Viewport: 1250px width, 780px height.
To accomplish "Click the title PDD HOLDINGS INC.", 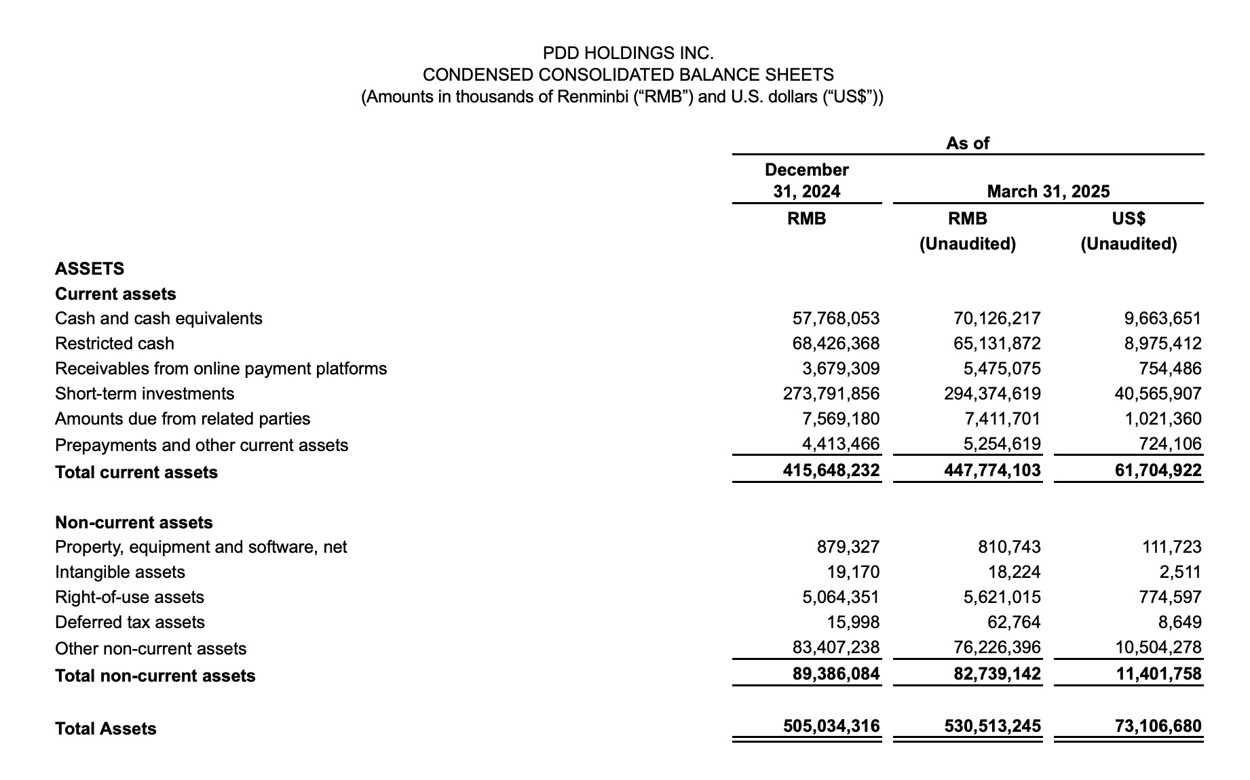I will click(628, 52).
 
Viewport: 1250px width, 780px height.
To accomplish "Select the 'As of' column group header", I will click(967, 143).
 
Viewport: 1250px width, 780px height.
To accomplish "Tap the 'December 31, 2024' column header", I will click(806, 180).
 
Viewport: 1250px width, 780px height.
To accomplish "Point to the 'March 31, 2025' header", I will click(1048, 191).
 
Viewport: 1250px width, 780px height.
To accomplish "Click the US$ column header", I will click(1129, 218).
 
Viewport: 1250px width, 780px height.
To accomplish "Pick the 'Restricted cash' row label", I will click(114, 343).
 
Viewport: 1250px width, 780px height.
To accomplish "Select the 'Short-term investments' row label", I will click(144, 393).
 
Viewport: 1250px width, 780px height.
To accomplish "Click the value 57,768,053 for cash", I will click(835, 318).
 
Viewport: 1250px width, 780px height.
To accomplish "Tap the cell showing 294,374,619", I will click(992, 393).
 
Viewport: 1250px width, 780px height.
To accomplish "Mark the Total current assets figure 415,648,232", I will click(831, 470).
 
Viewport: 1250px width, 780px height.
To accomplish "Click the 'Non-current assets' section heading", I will click(134, 522).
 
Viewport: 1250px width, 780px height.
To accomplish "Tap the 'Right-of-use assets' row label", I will click(129, 597).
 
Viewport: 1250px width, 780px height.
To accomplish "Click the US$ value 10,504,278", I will click(1158, 647).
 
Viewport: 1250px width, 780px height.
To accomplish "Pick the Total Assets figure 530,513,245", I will click(992, 726).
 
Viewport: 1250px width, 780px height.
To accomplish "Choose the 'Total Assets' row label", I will click(105, 728).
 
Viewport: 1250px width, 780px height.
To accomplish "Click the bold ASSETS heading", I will click(90, 269).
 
